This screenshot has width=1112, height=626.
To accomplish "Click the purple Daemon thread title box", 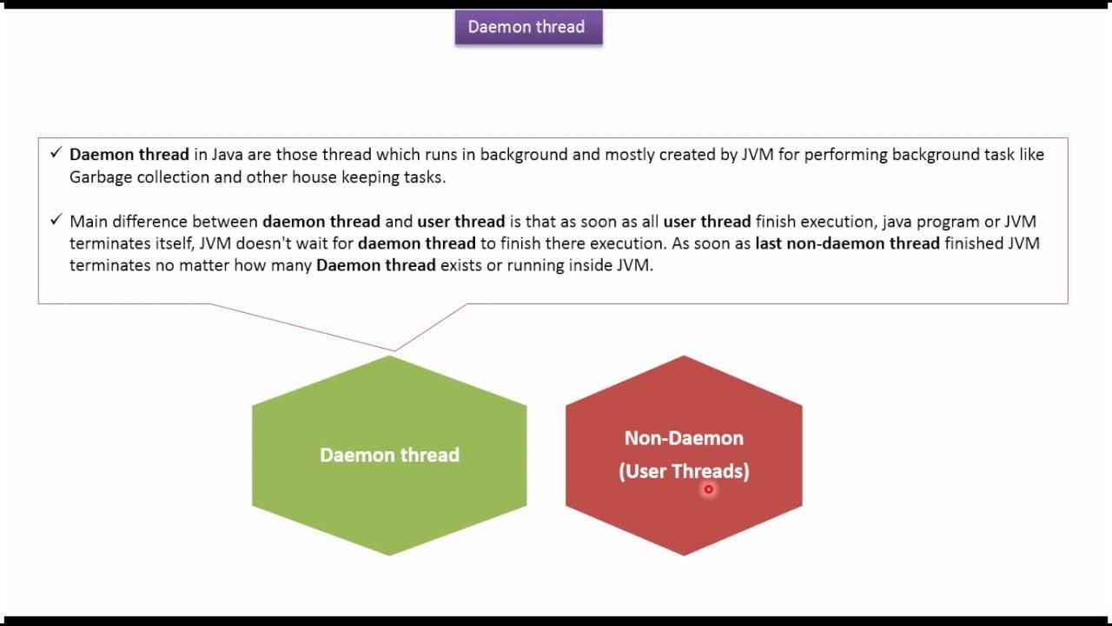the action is [x=529, y=27].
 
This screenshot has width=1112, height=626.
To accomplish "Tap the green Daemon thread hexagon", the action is [x=389, y=456].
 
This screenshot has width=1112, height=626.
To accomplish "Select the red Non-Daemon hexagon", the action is [x=684, y=456].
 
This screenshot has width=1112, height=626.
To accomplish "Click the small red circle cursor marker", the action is [x=708, y=489].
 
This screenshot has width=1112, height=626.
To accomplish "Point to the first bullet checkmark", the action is [x=56, y=152].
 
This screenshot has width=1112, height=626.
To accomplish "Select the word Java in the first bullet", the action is [x=227, y=155].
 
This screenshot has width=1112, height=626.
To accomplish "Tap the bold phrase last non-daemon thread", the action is [x=847, y=243].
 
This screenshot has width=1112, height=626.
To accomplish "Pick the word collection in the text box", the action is [x=173, y=177].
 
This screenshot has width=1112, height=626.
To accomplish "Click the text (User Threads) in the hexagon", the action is [x=684, y=471].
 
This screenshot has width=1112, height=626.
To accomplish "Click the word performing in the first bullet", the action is [x=846, y=155].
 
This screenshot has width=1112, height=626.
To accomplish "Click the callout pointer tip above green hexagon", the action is [x=395, y=350].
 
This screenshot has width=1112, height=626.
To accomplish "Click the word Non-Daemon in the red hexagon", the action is [x=684, y=438].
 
